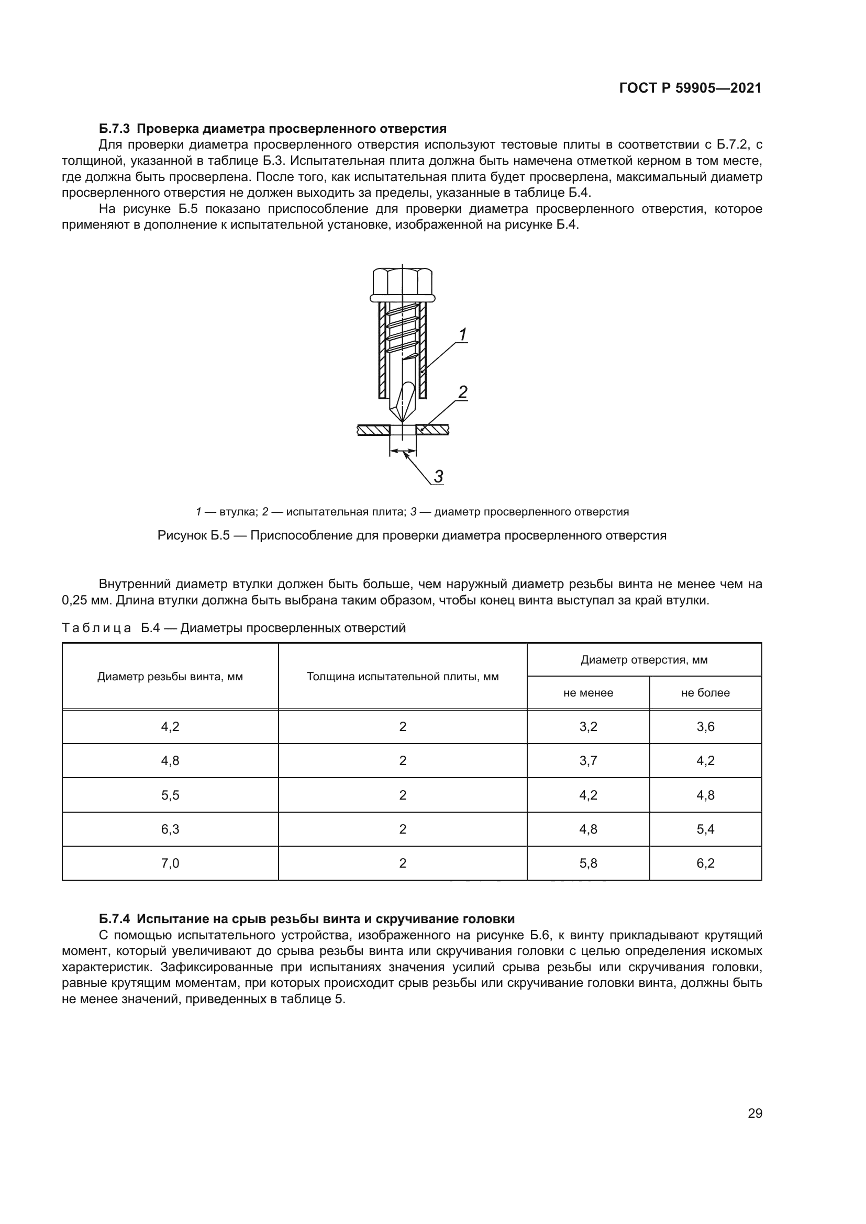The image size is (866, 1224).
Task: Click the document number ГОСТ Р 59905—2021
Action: [690, 88]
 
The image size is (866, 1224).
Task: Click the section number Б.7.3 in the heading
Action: [114, 129]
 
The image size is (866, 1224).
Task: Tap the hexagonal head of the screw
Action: [402, 282]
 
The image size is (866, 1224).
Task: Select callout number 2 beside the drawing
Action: [463, 392]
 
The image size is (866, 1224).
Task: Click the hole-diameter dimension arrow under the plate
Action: [403, 452]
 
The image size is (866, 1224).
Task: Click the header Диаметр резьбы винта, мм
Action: [170, 677]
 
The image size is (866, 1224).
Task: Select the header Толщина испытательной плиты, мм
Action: [403, 677]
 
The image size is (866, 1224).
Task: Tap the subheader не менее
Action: [588, 692]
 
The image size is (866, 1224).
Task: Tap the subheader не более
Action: [705, 692]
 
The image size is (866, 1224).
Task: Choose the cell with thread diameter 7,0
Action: [170, 863]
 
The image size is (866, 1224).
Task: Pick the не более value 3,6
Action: [705, 727]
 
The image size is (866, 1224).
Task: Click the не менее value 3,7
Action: [588, 761]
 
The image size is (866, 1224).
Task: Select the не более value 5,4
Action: [705, 829]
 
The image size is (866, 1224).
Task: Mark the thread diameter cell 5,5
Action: [170, 795]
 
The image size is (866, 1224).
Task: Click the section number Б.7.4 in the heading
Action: [114, 918]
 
